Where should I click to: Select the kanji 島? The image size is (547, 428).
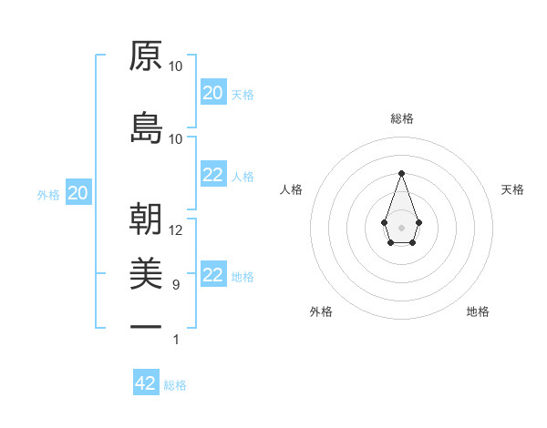tap(146, 128)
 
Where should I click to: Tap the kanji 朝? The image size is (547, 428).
tap(146, 219)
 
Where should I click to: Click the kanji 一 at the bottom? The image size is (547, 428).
tap(146, 326)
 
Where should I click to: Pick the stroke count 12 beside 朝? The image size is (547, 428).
tap(176, 230)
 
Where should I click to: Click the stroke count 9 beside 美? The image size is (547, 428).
tap(176, 285)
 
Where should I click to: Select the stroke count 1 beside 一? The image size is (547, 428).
tap(176, 340)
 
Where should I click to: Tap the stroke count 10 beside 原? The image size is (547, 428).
tap(176, 66)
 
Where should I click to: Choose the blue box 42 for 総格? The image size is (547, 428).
tap(146, 383)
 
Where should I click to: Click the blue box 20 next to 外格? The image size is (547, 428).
tap(78, 193)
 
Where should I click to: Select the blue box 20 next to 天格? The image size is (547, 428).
tap(212, 93)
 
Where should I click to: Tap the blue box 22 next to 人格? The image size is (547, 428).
tap(212, 175)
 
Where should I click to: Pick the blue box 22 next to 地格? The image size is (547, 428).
tap(212, 275)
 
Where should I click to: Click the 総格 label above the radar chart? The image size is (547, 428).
tap(401, 118)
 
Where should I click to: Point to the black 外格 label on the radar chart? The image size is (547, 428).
tap(321, 311)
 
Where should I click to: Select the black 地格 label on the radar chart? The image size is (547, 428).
tap(478, 311)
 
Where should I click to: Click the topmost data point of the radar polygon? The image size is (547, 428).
tap(401, 173)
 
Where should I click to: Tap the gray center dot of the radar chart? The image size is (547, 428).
tap(401, 227)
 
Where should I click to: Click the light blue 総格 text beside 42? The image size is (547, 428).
tap(175, 385)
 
